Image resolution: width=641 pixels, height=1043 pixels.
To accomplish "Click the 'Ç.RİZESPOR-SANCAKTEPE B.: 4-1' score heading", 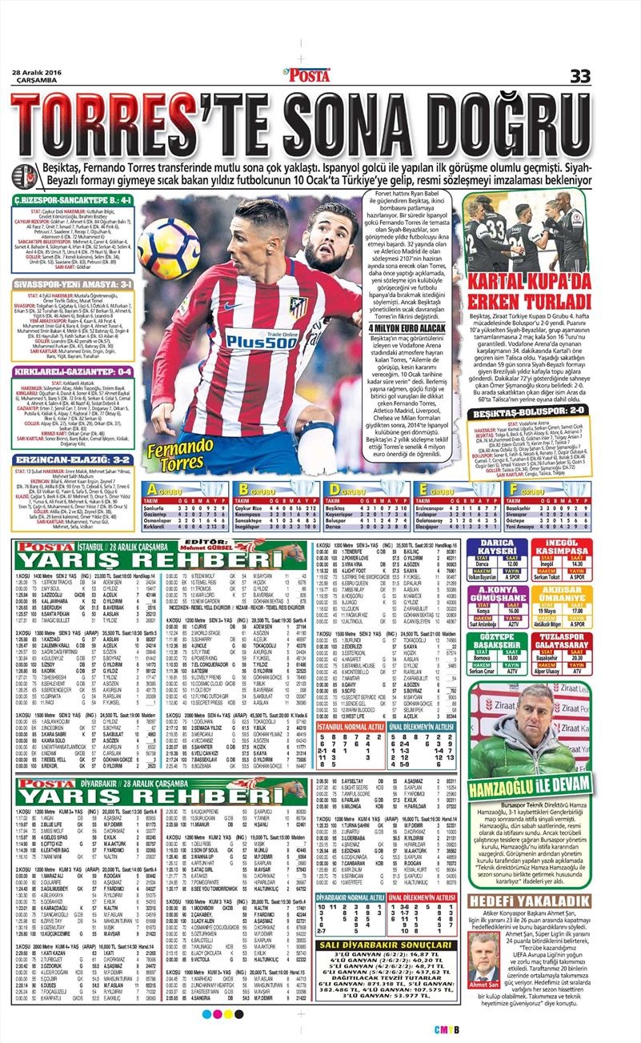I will coord(73,199).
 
